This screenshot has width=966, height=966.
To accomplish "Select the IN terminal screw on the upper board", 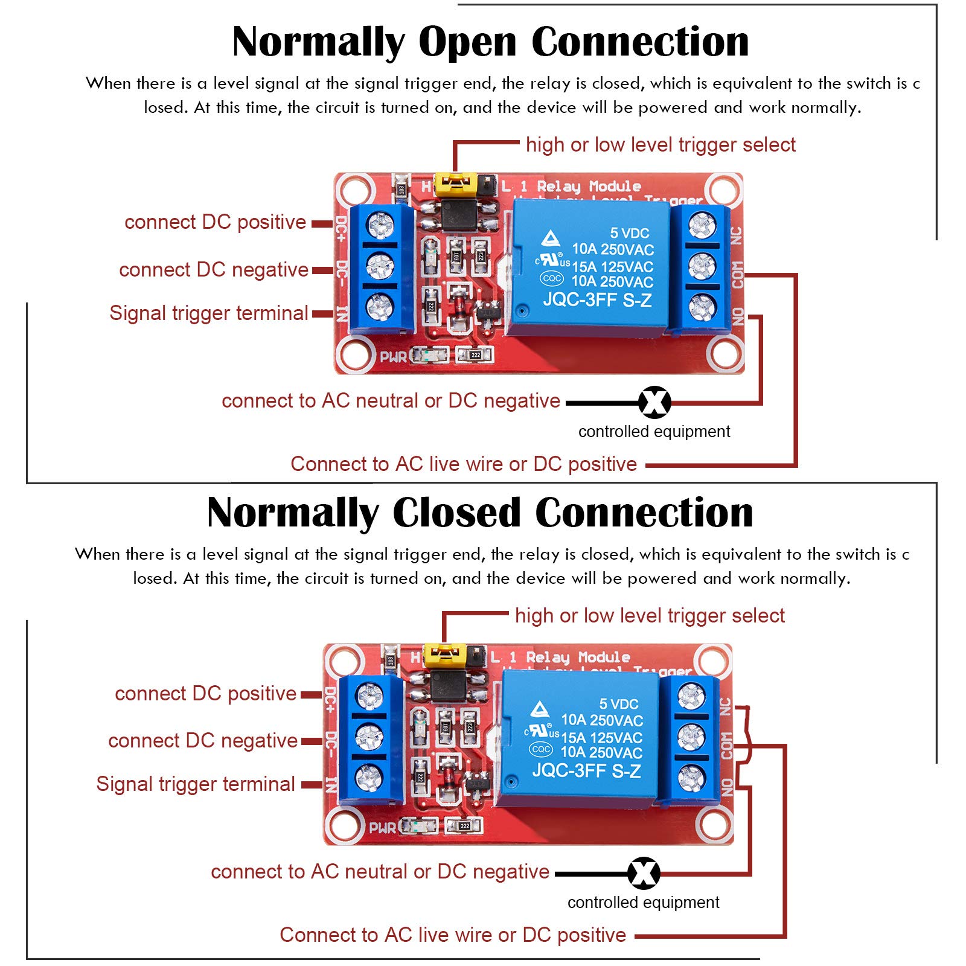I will (x=380, y=307).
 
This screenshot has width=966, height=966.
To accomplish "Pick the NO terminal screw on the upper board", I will (x=702, y=307).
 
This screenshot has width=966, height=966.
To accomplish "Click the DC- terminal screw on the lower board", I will (x=369, y=737).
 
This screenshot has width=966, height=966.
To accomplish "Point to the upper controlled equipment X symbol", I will (x=654, y=402).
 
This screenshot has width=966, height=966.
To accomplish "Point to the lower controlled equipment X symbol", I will (x=644, y=873).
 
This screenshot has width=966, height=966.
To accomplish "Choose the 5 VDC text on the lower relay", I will (x=618, y=704).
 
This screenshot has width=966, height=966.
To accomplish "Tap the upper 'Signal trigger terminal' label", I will (x=209, y=313).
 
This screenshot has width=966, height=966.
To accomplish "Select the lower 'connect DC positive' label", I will (x=205, y=694).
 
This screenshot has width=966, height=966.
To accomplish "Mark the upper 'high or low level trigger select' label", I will (x=661, y=145).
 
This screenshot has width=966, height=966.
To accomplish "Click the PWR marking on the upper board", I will (x=393, y=357).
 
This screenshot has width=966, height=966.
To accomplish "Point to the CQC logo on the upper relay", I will (x=551, y=278).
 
